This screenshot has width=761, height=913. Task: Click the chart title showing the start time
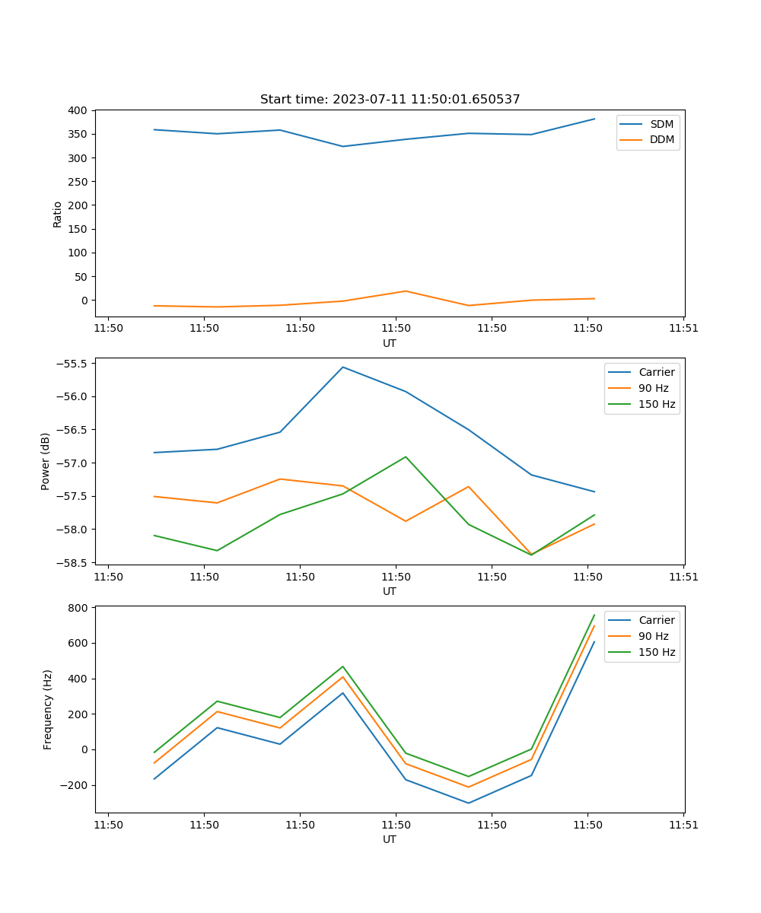[x=390, y=100]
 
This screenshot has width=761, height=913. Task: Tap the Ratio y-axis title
[x=58, y=215]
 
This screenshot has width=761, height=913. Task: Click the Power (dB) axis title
[x=46, y=461]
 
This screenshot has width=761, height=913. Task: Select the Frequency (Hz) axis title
[x=48, y=709]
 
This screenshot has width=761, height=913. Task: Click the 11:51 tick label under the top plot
[x=683, y=329]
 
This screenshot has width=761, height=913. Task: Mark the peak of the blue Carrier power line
[x=342, y=367]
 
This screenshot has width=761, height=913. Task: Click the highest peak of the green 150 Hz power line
[x=406, y=456]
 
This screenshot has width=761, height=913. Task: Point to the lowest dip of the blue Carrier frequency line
[x=468, y=803]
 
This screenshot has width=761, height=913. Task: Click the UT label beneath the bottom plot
[x=390, y=839]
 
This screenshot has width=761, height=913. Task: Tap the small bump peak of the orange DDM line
[x=406, y=291]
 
